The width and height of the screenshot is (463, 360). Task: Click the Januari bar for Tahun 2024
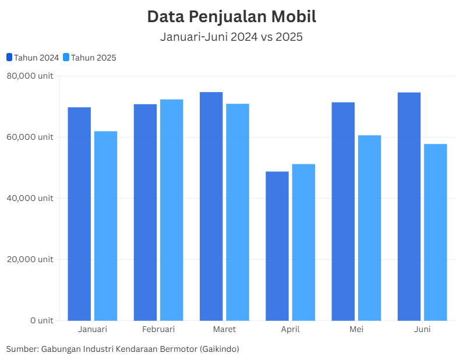tap(79, 214)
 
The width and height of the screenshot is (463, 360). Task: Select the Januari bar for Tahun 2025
tap(105, 225)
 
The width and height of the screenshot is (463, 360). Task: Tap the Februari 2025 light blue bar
tap(172, 210)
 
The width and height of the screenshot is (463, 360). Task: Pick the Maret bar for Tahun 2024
tap(211, 206)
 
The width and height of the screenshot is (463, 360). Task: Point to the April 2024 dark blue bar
tap(277, 246)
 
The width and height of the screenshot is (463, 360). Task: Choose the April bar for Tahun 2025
tap(303, 242)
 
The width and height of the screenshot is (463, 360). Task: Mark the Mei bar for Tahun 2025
tap(369, 228)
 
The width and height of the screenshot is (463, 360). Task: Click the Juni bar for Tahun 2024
tap(409, 206)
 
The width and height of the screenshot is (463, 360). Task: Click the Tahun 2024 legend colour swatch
tap(9, 57)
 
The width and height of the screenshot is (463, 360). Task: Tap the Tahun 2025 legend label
tap(93, 58)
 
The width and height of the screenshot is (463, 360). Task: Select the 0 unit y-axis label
tap(41, 320)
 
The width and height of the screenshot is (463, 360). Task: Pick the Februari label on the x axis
tap(158, 330)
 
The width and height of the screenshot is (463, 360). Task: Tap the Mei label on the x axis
tap(356, 330)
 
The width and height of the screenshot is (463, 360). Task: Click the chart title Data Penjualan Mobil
tap(231, 16)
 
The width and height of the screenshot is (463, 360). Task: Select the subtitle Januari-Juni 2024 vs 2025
tap(231, 37)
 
